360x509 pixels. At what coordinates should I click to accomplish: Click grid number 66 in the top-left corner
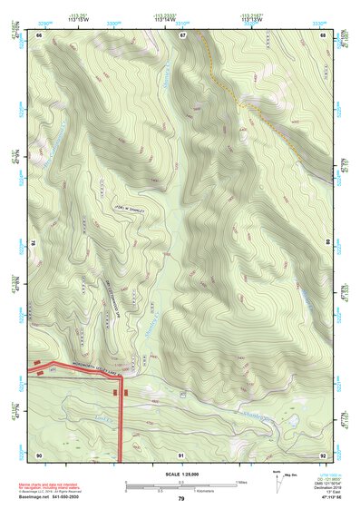39,34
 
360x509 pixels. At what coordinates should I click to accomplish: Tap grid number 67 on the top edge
181,34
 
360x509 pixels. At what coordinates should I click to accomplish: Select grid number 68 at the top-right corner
324,34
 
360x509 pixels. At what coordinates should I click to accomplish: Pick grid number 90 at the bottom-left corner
39,455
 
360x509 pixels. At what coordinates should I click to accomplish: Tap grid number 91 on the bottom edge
181,455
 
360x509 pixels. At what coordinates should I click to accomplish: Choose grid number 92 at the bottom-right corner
324,455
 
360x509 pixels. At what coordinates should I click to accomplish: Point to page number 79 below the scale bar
181,500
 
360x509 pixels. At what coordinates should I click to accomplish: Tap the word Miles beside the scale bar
242,482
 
